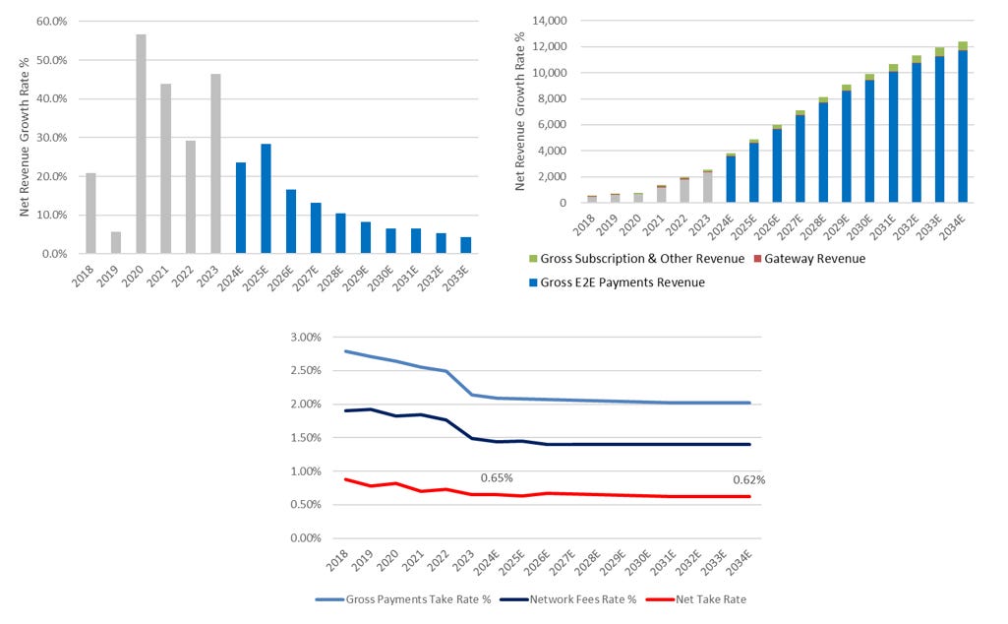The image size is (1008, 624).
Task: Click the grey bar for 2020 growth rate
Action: (141, 144)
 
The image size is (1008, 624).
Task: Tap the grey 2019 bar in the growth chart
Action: (116, 243)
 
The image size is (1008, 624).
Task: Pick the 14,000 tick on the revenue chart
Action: (549, 21)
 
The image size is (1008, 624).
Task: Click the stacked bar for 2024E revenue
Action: (731, 178)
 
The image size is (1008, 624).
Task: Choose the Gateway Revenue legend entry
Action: (813, 259)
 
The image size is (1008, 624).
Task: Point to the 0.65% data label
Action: (497, 478)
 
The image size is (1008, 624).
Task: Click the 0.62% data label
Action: (748, 480)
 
